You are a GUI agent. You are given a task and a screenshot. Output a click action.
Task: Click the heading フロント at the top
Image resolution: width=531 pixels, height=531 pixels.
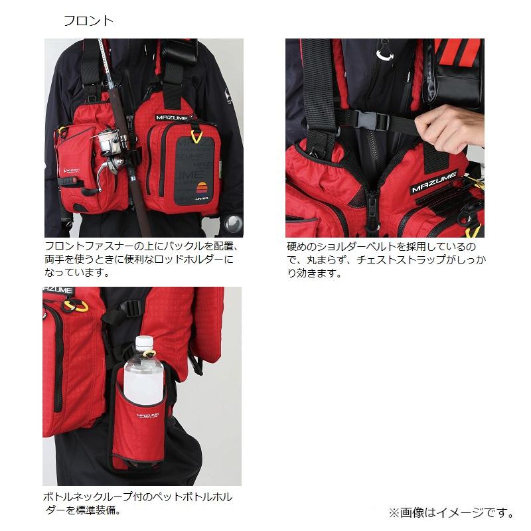point(88,21)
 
